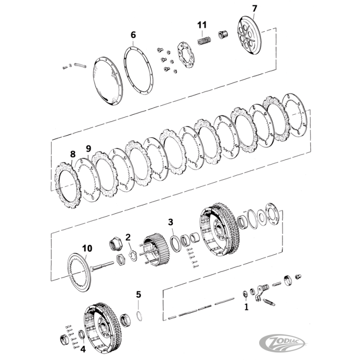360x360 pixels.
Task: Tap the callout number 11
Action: [202, 25]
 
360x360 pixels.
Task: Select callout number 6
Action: [133, 35]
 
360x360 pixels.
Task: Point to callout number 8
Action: [72, 154]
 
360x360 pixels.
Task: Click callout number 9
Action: [88, 148]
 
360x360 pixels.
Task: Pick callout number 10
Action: [87, 247]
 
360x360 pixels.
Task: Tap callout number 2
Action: [128, 237]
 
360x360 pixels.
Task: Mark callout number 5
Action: [139, 295]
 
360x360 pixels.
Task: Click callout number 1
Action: [246, 307]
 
